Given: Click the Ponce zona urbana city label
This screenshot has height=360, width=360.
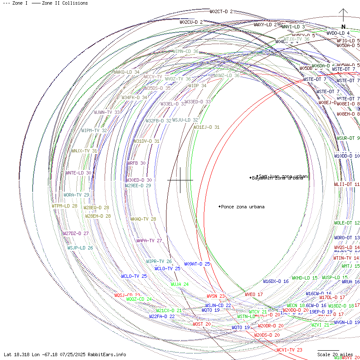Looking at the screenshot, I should [x=243, y=207].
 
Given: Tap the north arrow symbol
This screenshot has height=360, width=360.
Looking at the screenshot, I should [x=343, y=19].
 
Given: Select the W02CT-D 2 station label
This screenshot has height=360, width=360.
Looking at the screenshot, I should [x=221, y=11].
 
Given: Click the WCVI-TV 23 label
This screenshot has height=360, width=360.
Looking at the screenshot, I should [x=289, y=350].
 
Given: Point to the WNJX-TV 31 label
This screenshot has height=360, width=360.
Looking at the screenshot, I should [x=84, y=151].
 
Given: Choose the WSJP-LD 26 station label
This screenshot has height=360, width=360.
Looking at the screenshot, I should [x=80, y=248].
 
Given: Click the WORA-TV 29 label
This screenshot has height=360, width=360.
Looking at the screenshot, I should [x=76, y=195].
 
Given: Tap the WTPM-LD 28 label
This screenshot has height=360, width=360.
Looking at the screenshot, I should [x=64, y=206].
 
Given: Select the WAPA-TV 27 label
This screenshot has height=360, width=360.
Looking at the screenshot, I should [x=149, y=241].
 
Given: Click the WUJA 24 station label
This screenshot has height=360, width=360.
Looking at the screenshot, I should [x=180, y=284].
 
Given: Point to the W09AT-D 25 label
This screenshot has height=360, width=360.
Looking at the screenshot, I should [x=197, y=264].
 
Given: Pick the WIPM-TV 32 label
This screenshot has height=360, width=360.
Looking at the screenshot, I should [x=94, y=130].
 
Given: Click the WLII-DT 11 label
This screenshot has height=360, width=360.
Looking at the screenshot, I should [x=347, y=184].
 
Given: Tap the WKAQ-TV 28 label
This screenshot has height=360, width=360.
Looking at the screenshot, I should [x=143, y=219].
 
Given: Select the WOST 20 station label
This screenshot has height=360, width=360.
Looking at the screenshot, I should [x=202, y=324].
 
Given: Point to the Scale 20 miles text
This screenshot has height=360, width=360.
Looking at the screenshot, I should [x=335, y=354].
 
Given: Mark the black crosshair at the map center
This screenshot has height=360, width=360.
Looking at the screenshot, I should [x=180, y=180].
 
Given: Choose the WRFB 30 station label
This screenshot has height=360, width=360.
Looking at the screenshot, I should [x=136, y=163].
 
